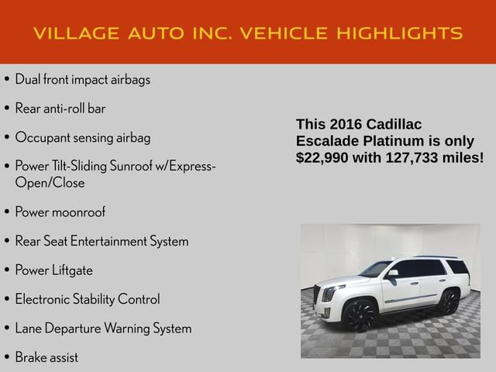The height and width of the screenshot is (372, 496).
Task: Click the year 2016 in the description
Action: point(349,124)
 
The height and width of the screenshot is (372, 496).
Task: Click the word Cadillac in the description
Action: point(395,124)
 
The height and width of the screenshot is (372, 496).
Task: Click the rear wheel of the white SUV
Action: point(448,300)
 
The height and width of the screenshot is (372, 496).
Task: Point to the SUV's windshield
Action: point(377,269)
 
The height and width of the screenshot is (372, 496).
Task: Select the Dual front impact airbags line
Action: point(83,79)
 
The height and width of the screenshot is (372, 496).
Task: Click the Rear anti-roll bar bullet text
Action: point(60,108)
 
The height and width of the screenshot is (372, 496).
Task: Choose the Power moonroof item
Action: point(60,212)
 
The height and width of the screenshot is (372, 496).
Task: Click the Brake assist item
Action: point(46,357)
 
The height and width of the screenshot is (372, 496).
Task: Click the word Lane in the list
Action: point(27,328)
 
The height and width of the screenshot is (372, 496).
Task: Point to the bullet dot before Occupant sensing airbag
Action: point(7,138)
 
